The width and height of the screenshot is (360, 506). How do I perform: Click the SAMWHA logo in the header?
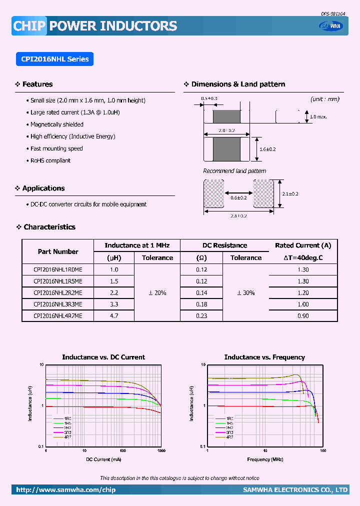[x=331, y=26]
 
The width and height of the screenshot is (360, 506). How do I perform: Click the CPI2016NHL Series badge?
[x=54, y=59]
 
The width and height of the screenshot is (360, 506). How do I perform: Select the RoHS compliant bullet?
[x=50, y=160]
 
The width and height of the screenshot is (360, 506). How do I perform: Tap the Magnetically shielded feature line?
[x=56, y=124]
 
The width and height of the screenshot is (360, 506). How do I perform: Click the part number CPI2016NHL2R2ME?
[x=57, y=293]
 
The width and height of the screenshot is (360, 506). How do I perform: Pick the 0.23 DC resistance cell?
[x=201, y=316]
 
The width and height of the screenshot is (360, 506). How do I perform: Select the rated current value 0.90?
[x=303, y=316]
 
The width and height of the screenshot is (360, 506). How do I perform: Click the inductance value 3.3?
[x=114, y=304]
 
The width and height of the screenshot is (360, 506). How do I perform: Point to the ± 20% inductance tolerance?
[x=157, y=293]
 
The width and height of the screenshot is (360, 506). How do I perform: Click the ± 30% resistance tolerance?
[x=245, y=293]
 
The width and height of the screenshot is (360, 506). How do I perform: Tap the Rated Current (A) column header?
[x=303, y=245]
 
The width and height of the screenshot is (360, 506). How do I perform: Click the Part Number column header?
[x=58, y=251]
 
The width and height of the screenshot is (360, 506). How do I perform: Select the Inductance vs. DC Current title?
[x=103, y=357]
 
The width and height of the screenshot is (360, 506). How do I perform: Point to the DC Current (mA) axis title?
[x=103, y=459]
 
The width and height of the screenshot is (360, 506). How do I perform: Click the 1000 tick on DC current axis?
[x=161, y=451]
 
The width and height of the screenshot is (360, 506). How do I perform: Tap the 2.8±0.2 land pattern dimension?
[x=239, y=216]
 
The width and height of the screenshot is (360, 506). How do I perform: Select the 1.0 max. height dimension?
[x=318, y=117]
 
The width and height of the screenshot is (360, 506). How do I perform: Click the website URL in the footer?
[x=65, y=490]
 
